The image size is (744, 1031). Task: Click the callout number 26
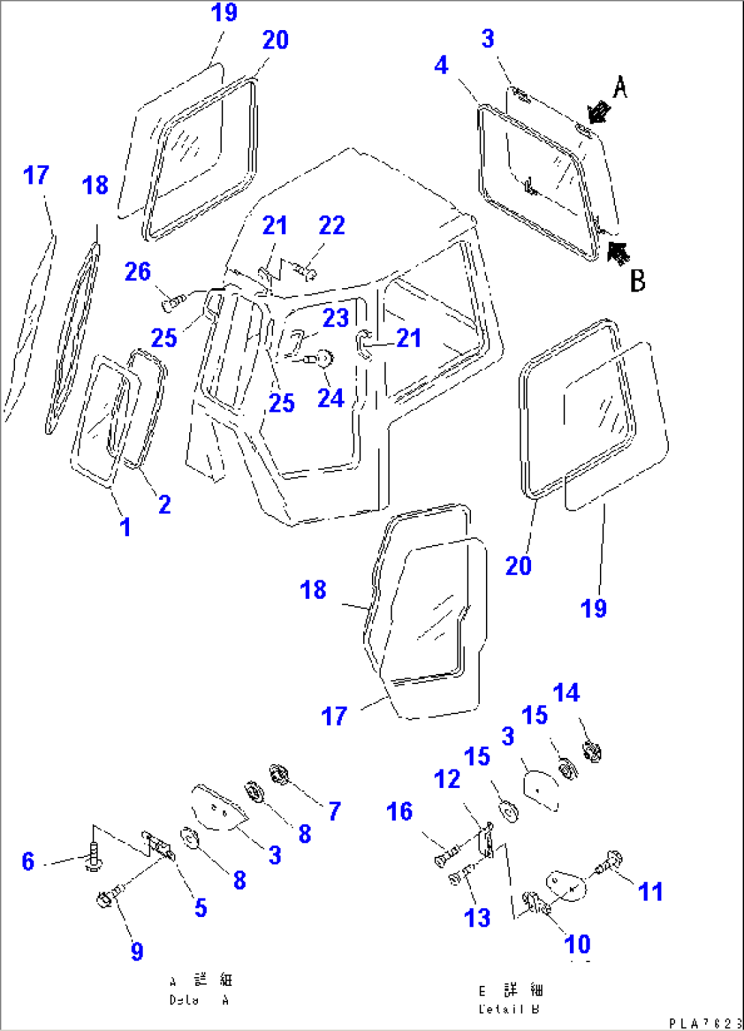137,272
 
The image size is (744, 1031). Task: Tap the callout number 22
332,225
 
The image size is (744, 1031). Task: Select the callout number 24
330,398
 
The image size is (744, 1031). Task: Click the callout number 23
335,317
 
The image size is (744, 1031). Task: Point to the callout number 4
442,66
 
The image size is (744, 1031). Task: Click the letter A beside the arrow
619,87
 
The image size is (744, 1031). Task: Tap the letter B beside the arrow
637,280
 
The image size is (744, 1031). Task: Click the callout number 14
566,693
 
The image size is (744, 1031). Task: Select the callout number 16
399,812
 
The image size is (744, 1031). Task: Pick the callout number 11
650,892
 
